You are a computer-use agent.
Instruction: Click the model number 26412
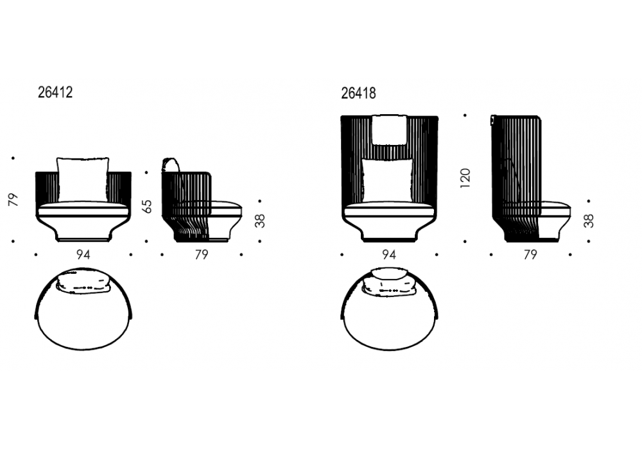point(55,92)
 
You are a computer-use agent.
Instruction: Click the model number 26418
point(358,93)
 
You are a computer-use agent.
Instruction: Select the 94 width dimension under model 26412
point(83,255)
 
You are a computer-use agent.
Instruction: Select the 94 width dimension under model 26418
point(389,255)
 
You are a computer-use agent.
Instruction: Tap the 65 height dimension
point(146,207)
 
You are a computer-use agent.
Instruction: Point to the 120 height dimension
point(465,178)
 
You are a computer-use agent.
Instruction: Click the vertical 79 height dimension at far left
point(13,199)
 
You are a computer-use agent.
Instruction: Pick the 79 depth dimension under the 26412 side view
point(202,255)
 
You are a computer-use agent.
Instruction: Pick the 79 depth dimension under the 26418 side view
point(530,255)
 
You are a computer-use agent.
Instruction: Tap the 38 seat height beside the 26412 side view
point(260,221)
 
